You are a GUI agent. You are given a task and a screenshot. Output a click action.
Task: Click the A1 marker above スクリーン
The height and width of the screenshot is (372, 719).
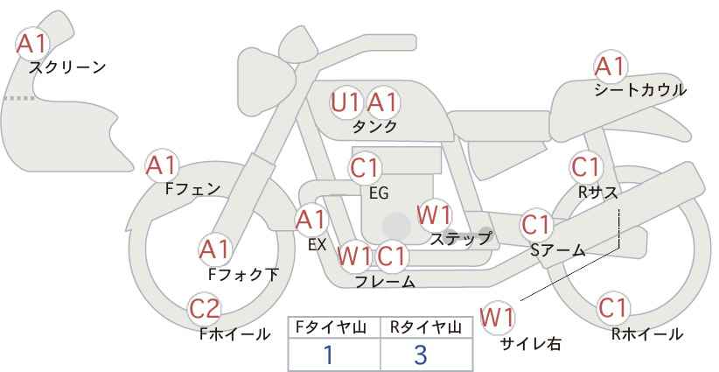(32, 45)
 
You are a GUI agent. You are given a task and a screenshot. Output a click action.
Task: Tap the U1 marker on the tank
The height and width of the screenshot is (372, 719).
(346, 102)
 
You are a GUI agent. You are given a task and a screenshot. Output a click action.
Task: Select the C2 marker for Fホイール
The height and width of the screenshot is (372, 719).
(206, 309)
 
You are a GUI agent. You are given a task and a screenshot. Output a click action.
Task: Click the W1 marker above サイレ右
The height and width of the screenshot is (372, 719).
(497, 317)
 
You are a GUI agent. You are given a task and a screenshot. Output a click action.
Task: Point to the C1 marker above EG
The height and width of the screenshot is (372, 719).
(365, 168)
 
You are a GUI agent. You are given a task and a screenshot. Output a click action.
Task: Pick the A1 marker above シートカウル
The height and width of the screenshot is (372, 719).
(611, 66)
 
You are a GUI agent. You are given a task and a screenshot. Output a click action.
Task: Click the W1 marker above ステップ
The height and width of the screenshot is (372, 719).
(435, 215)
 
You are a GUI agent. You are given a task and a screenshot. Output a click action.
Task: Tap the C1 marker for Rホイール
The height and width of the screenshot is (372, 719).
(613, 308)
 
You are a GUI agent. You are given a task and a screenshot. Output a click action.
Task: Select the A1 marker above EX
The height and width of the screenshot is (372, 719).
(311, 221)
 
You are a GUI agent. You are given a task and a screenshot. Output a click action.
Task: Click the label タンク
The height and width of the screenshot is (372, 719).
(374, 127)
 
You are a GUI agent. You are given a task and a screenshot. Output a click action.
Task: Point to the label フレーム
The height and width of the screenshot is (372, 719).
(385, 282)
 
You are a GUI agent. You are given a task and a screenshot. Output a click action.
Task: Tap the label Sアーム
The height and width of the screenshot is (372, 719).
(558, 250)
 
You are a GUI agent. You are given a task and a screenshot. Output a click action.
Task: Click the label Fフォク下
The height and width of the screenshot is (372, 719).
(243, 274)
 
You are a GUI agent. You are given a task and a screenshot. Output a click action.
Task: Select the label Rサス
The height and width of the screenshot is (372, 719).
(598, 193)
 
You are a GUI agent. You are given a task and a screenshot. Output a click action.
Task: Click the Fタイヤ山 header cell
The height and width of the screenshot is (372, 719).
(334, 327)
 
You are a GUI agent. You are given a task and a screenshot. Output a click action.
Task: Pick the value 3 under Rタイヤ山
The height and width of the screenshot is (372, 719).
(421, 354)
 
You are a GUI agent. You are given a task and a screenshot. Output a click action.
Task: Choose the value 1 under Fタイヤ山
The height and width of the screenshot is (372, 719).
(328, 354)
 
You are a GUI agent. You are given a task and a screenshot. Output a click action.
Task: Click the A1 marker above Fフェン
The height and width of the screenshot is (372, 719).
(162, 165)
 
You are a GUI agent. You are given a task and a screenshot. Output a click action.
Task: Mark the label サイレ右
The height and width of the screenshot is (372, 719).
(531, 344)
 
